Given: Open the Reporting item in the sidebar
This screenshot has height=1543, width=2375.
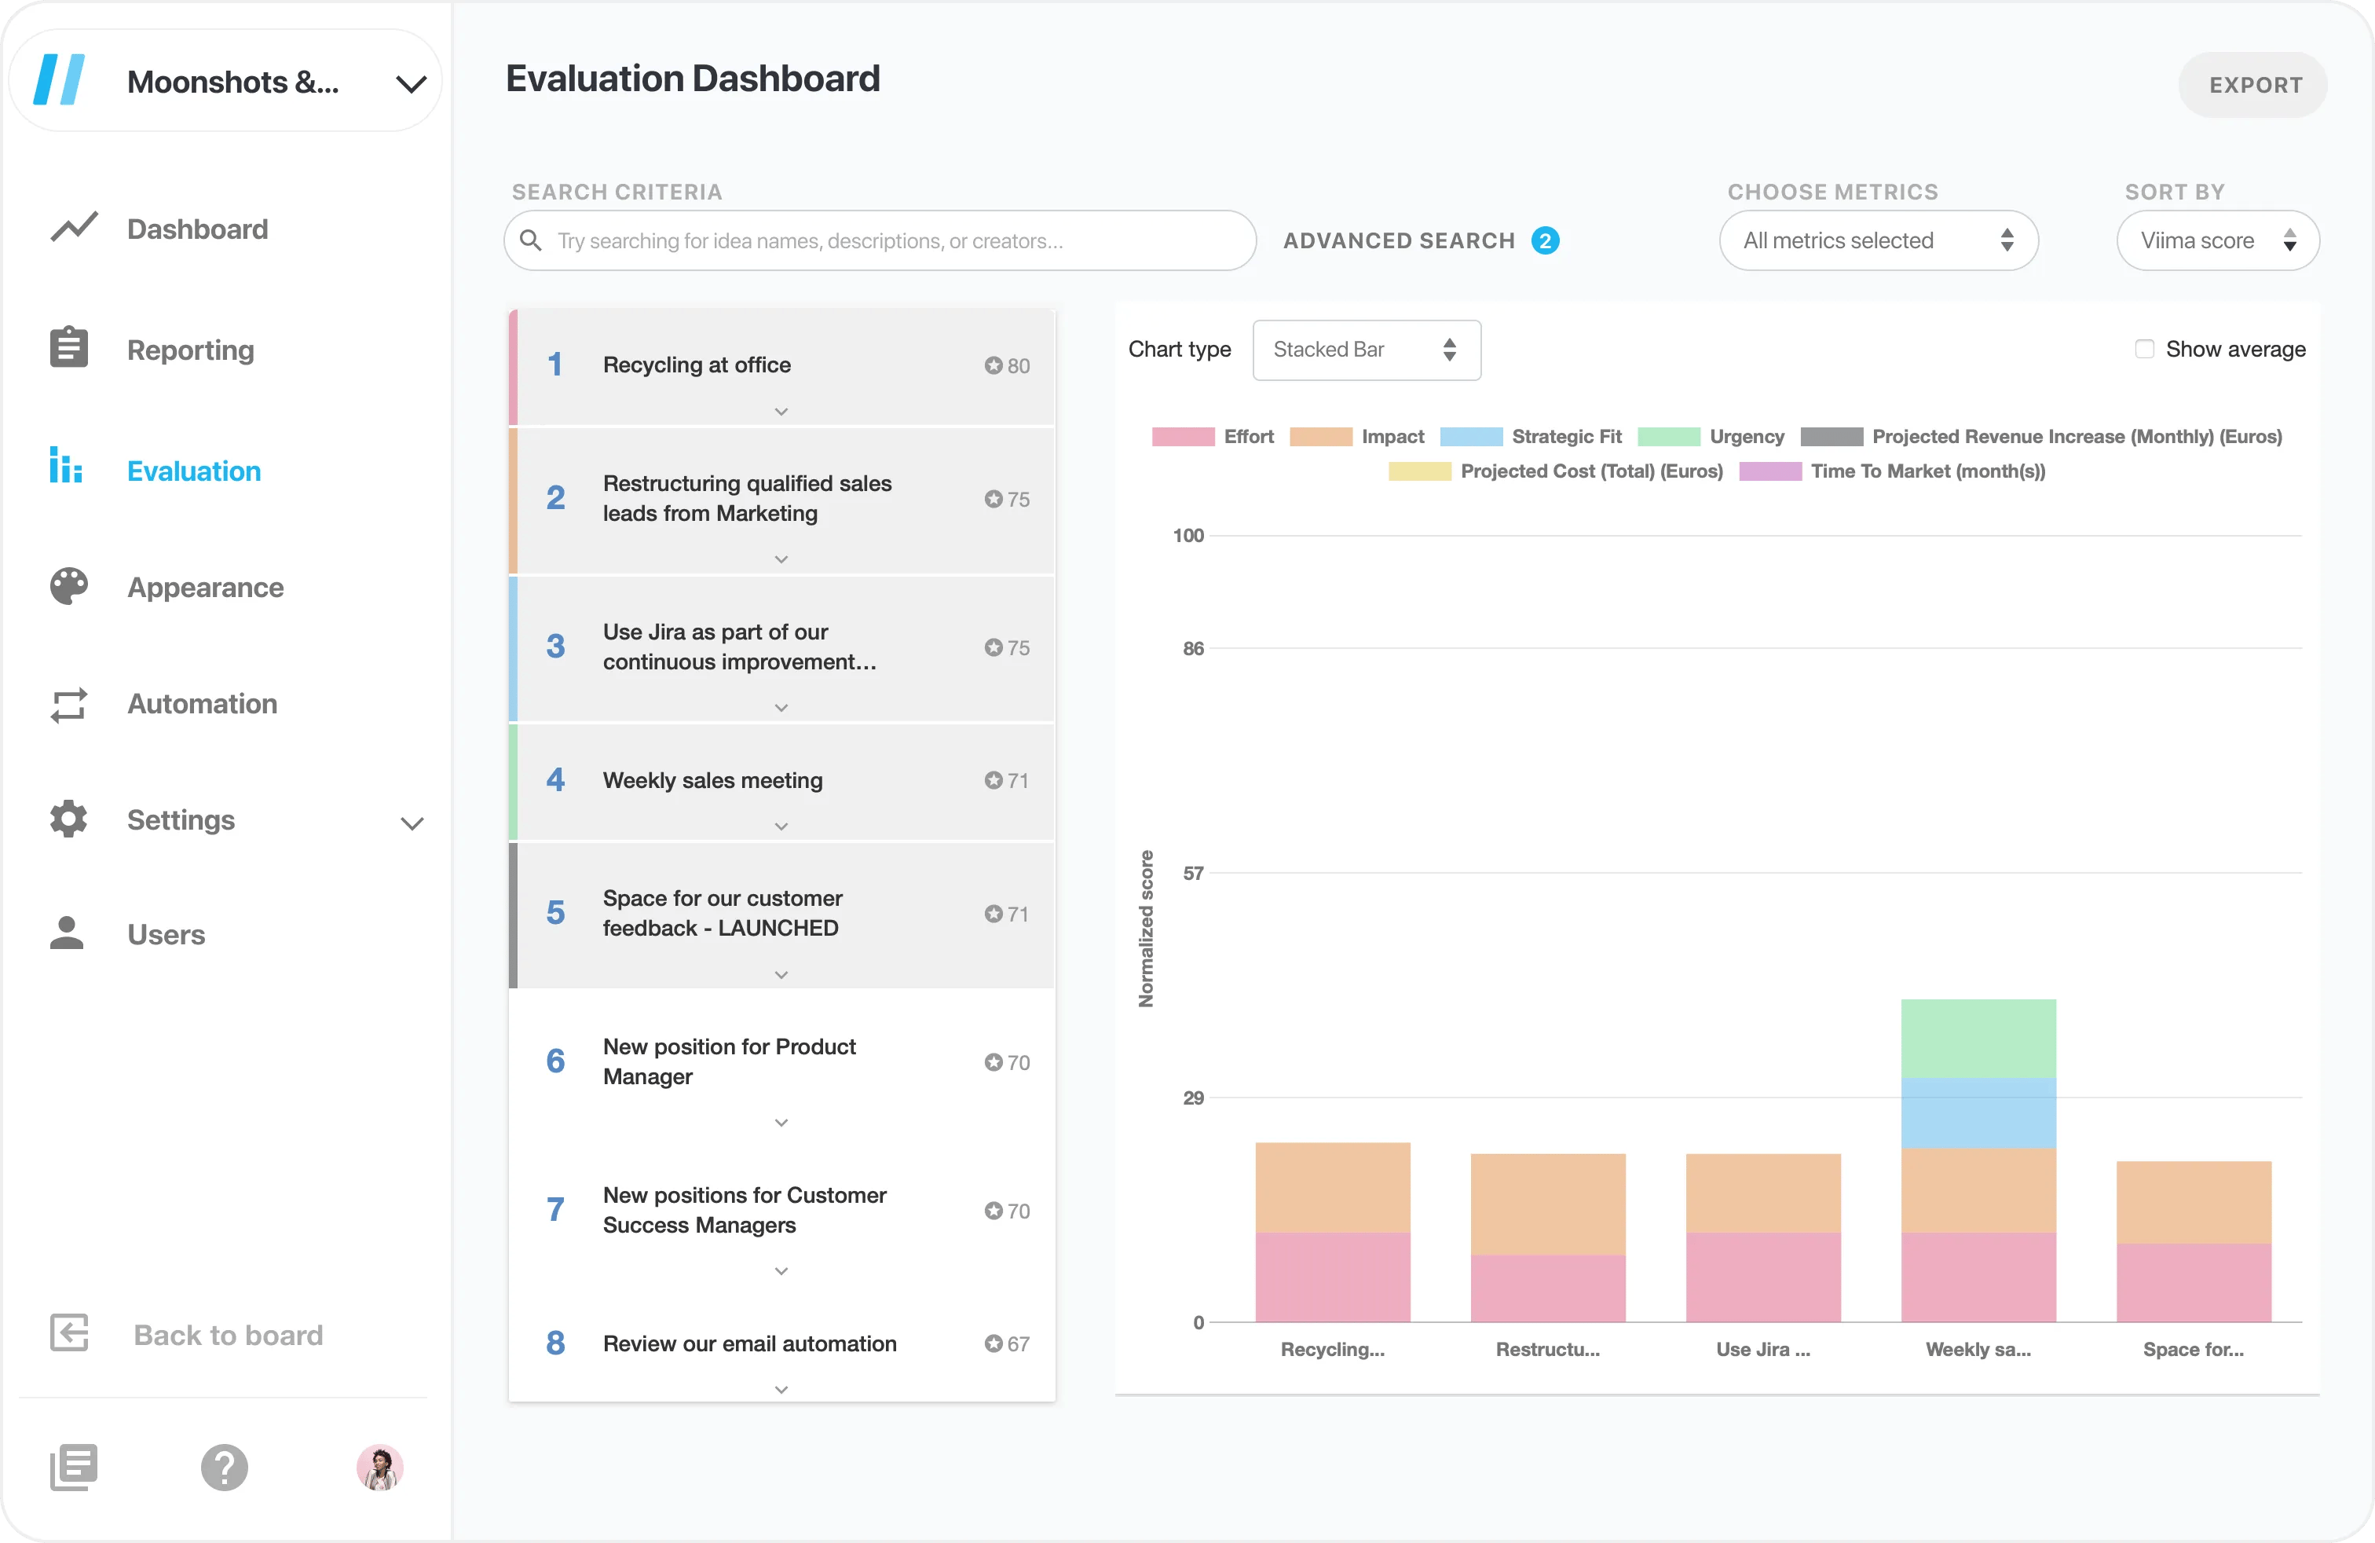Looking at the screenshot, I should [x=189, y=350].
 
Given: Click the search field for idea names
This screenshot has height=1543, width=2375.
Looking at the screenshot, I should [x=878, y=240].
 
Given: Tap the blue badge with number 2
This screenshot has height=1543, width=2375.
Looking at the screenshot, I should [x=1545, y=240].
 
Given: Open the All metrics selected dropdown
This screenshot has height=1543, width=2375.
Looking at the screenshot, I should [x=1877, y=240].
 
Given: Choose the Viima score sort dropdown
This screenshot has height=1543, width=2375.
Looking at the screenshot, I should [x=2216, y=240].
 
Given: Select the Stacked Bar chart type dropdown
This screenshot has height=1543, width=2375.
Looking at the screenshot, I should [x=1365, y=350].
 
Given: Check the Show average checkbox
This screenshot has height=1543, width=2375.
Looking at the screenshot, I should [x=2143, y=350].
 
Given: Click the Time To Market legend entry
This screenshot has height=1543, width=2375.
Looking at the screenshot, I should [x=1927, y=471].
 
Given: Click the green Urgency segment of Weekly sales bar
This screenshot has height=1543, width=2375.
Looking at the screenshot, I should [x=1977, y=1038].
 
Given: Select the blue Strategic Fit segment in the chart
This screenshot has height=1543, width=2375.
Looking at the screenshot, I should [x=1977, y=1112].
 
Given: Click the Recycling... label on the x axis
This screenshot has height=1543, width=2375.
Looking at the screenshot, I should [x=1332, y=1350].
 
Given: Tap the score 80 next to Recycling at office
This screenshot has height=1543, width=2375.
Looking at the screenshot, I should [x=1007, y=365].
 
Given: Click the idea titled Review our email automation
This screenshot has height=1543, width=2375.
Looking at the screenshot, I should [x=749, y=1343].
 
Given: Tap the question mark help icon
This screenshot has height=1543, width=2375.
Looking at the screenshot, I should [x=225, y=1467].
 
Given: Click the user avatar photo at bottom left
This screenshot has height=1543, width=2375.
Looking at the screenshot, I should [x=379, y=1467].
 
